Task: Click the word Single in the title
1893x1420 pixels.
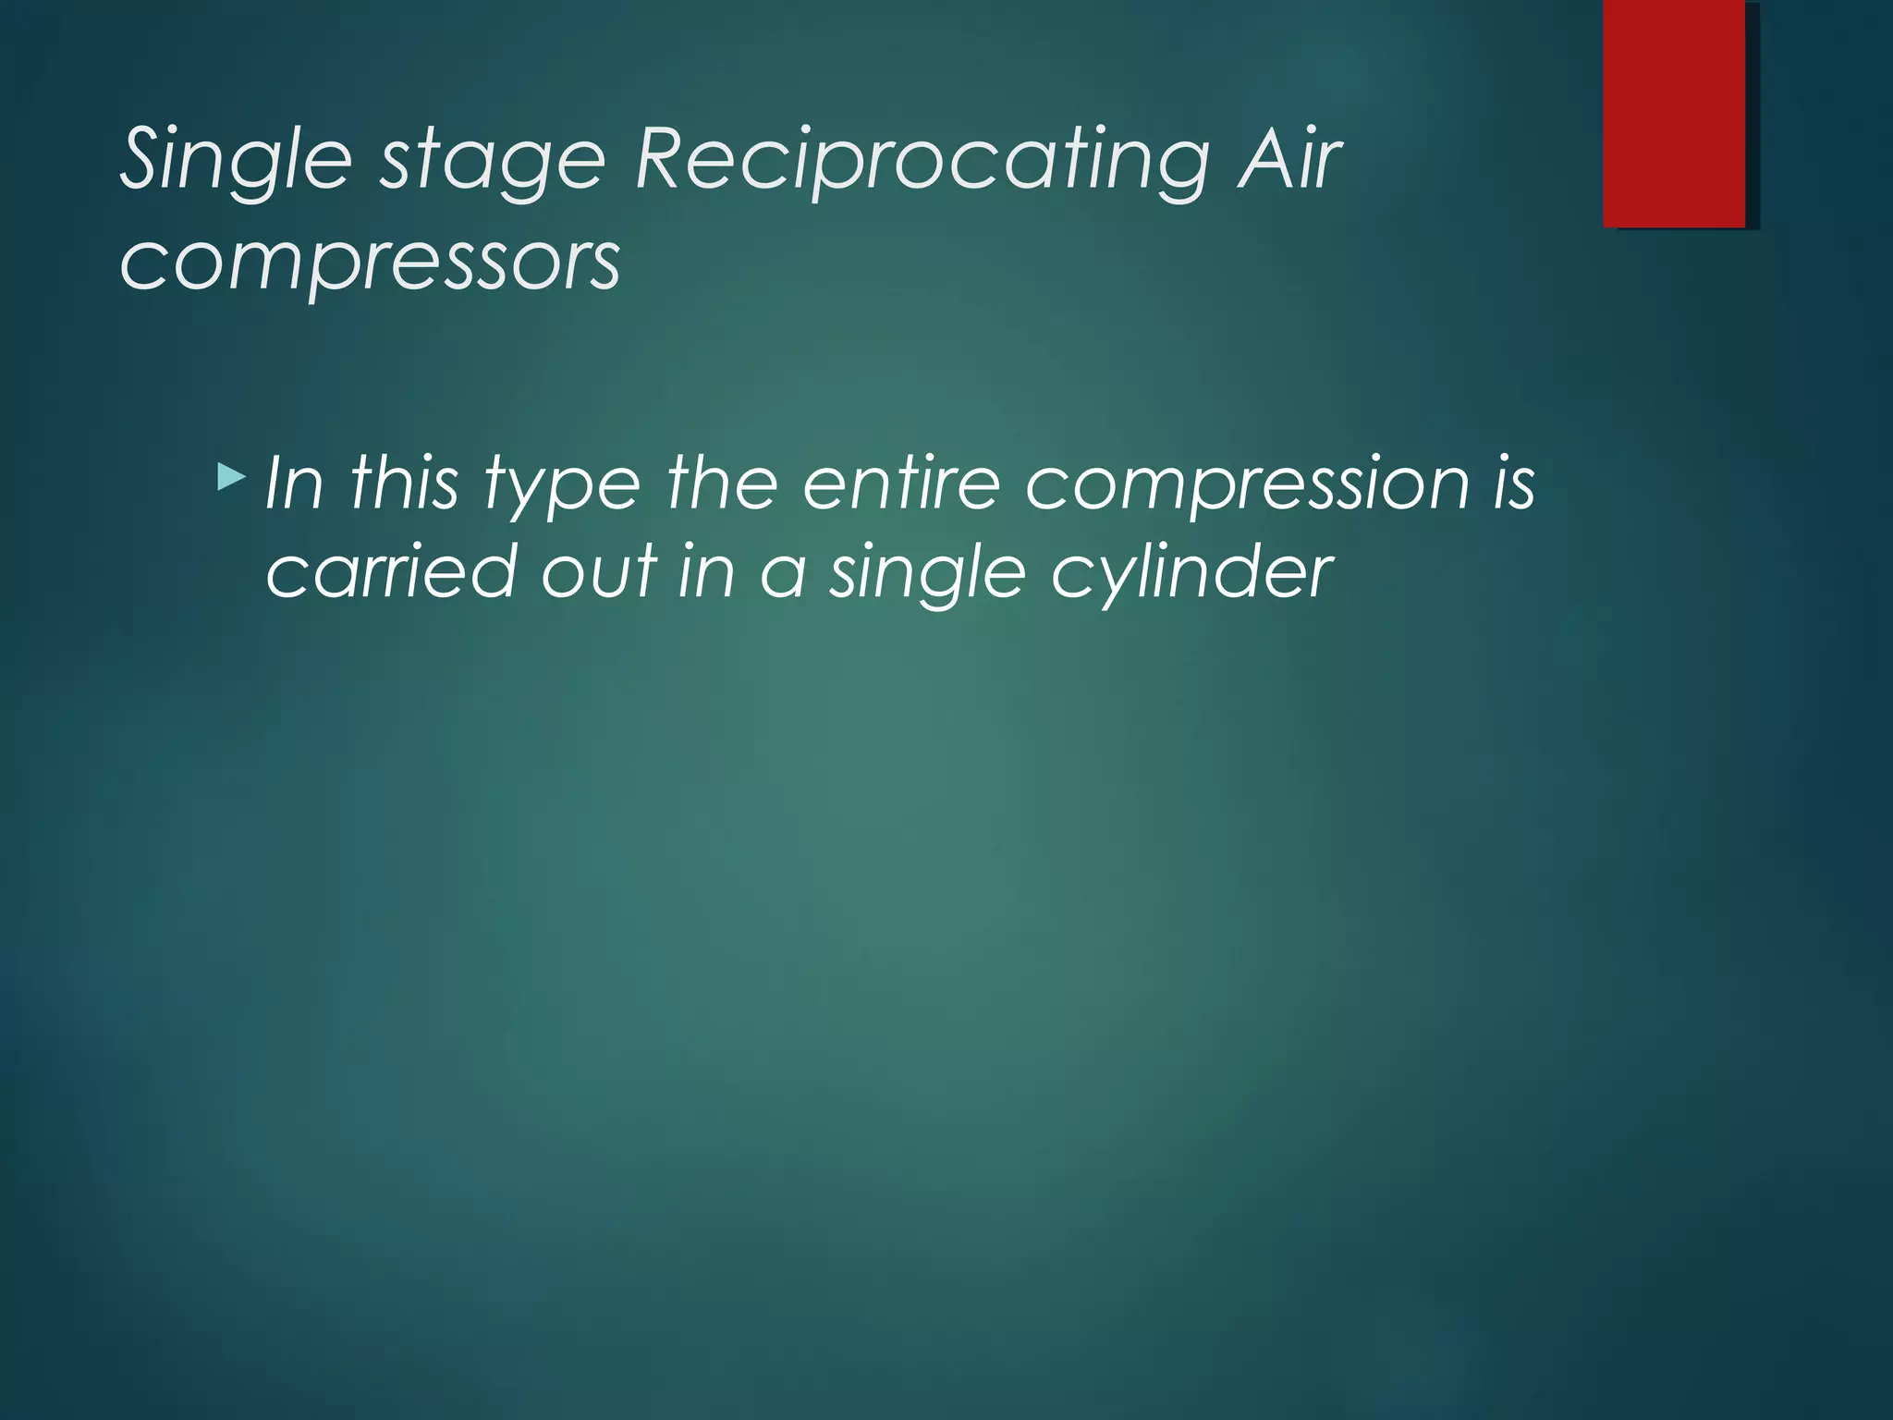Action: (x=237, y=162)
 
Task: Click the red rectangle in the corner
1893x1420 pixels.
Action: (x=1674, y=113)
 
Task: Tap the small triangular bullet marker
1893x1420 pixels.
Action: (x=231, y=478)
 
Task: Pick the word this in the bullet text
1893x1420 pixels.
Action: (x=404, y=483)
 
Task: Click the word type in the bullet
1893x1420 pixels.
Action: (x=562, y=487)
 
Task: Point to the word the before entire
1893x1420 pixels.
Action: (x=722, y=483)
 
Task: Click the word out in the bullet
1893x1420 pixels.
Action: (x=598, y=571)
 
